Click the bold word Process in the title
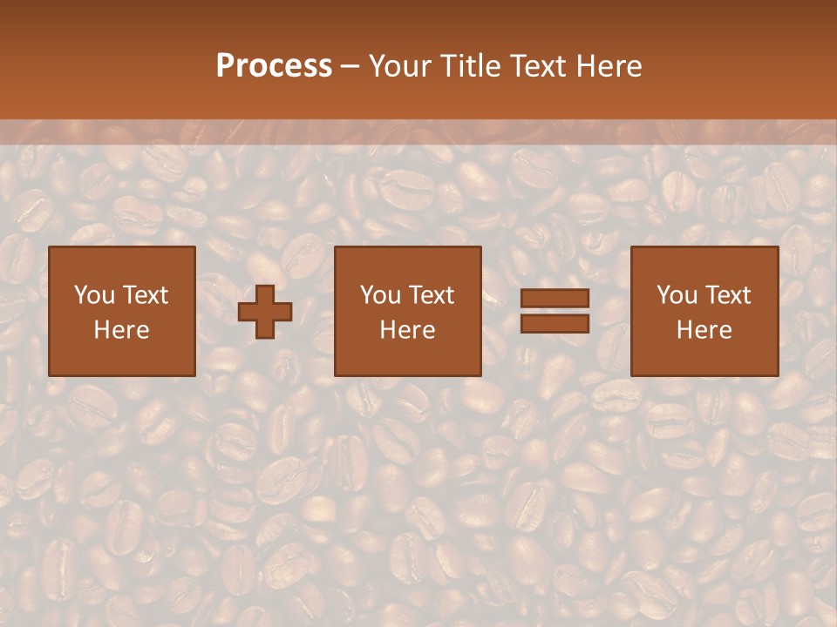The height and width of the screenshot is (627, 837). pos(274,66)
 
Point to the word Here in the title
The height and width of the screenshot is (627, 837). pos(611,66)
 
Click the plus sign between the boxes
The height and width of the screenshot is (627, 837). pos(265,312)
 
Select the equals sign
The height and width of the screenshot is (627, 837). pos(555,311)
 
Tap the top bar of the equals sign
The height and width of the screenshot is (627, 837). pos(555,299)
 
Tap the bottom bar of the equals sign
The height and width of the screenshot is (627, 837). pos(555,323)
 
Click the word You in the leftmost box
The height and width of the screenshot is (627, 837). pos(93,295)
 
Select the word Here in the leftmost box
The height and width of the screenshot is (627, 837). pos(121,330)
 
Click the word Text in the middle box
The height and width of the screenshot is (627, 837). pos(430,295)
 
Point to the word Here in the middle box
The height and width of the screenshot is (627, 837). pos(407,330)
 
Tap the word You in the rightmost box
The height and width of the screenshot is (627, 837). pos(676,295)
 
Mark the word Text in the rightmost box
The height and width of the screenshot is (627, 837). pos(726,295)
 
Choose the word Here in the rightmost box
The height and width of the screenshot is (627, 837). pos(704,330)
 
